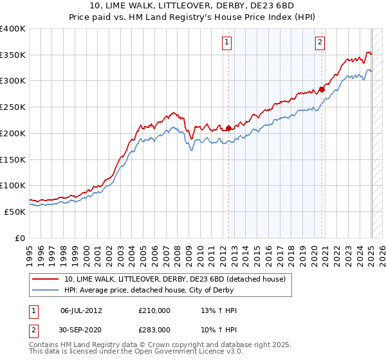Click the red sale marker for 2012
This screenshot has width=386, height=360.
228,128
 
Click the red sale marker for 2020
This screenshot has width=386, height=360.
322,89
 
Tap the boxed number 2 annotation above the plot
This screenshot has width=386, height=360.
320,43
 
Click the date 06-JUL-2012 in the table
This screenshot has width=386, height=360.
81,310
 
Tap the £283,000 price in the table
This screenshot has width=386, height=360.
154,329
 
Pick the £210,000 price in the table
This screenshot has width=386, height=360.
154,310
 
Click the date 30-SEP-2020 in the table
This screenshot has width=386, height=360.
81,329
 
